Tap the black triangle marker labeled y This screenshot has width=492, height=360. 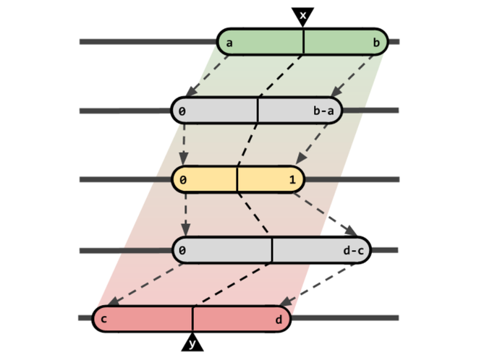coord(192,343)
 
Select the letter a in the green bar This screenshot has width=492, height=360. coord(229,43)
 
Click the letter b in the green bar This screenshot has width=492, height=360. coord(376,43)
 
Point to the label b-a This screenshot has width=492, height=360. coord(323,111)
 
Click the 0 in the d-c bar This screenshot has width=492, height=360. coord(184,250)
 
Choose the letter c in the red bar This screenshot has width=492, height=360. coord(105,319)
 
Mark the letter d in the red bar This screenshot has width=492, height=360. coord(279,319)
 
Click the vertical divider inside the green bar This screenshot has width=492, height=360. coord(303,42)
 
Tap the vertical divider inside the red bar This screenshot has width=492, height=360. coord(192,319)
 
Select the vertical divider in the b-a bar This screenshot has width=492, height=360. coord(258,111)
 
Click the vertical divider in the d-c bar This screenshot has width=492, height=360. coord(272,250)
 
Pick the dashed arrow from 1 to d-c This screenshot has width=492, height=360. coord(330,215)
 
